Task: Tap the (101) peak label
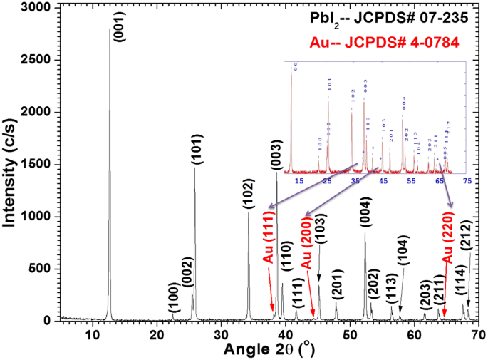pos(200,148)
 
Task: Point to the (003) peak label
pos(280,153)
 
